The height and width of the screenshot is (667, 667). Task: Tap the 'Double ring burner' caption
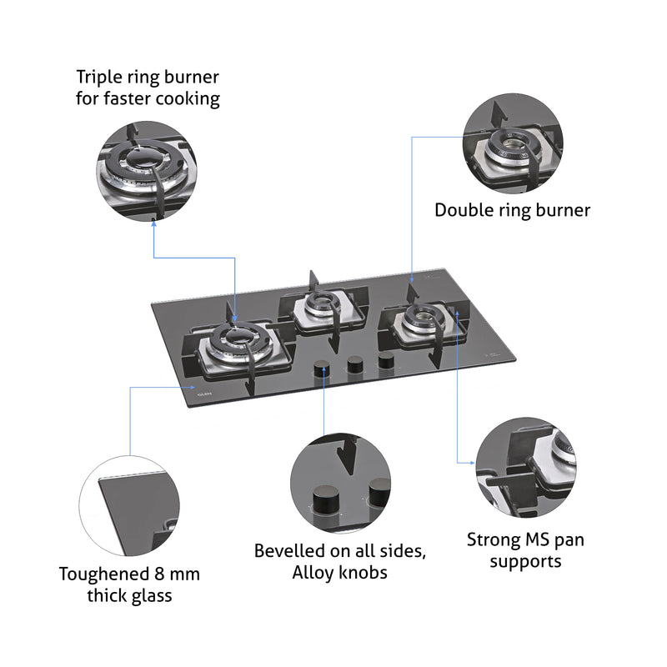pos(512,210)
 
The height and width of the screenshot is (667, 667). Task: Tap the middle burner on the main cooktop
pos(321,306)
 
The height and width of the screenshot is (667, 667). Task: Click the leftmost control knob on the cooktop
pos(321,370)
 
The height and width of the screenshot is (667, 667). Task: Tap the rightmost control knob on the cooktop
pos(387,360)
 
